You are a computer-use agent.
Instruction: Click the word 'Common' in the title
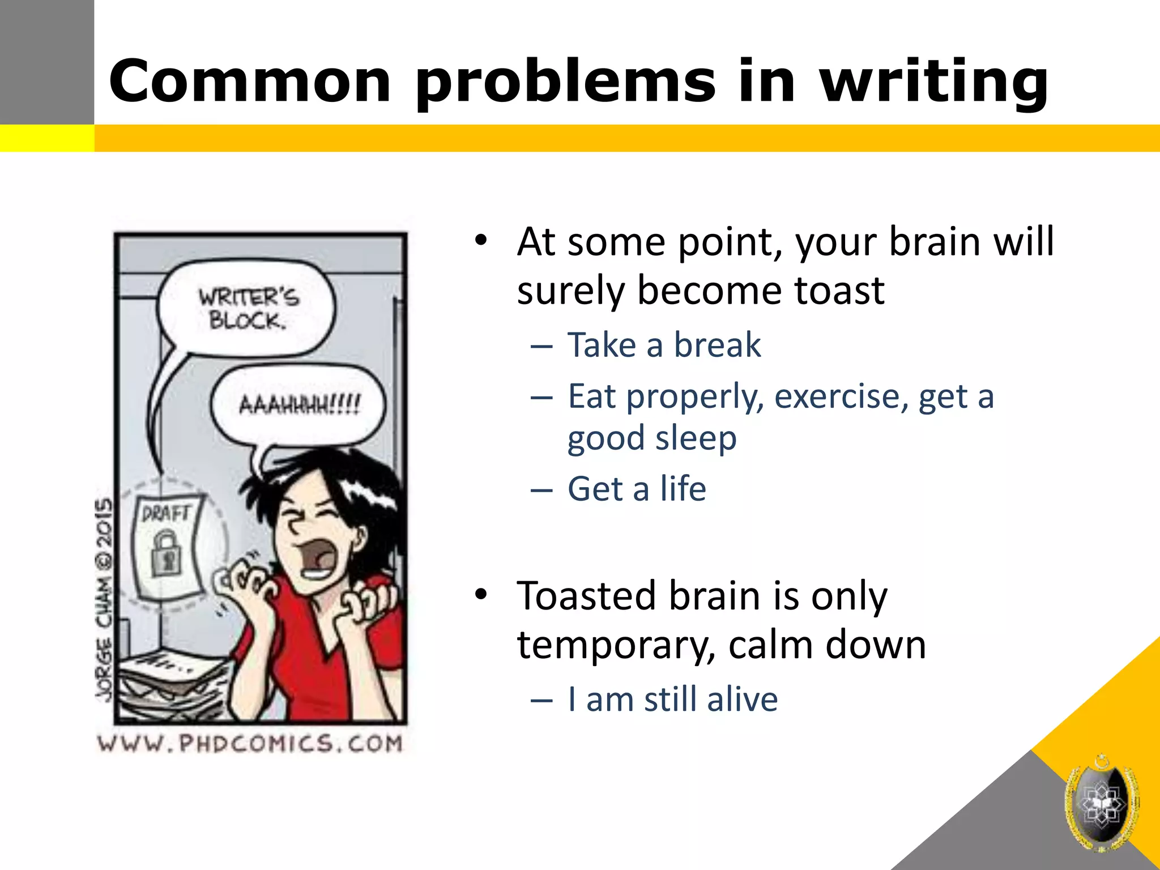tap(250, 82)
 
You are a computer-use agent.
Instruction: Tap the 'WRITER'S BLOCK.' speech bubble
tap(247, 309)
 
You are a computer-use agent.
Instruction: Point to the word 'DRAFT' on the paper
tap(165, 514)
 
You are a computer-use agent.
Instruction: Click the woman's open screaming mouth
tap(317, 558)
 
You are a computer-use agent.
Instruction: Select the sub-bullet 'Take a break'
tap(664, 345)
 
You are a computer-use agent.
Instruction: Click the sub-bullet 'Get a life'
tap(637, 489)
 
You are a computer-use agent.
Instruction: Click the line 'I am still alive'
tap(672, 700)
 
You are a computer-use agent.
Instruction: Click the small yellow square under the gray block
tap(46, 138)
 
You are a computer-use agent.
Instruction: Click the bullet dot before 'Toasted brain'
tap(481, 595)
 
